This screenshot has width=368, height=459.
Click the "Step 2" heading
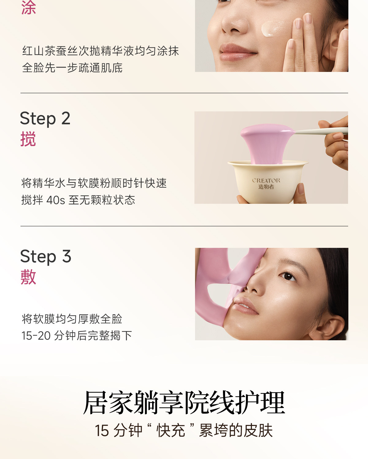coord(45,119)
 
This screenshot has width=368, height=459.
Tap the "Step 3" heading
coord(46,256)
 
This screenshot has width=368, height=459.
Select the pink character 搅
coord(28,139)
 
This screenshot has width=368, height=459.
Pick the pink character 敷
coord(28,277)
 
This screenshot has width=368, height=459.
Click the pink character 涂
coord(28,7)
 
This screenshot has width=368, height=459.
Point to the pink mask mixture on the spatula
coord(267,144)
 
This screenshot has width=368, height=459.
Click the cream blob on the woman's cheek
coord(273,28)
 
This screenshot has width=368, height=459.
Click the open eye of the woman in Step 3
coord(288,277)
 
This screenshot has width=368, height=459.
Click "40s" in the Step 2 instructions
coord(56,200)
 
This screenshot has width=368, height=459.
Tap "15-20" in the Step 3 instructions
coord(36,335)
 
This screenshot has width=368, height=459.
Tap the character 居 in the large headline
coord(95,402)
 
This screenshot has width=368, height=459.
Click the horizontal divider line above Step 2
coord(184,93)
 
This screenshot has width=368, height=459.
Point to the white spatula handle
coord(321,131)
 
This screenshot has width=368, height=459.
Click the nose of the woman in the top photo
coord(234,24)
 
